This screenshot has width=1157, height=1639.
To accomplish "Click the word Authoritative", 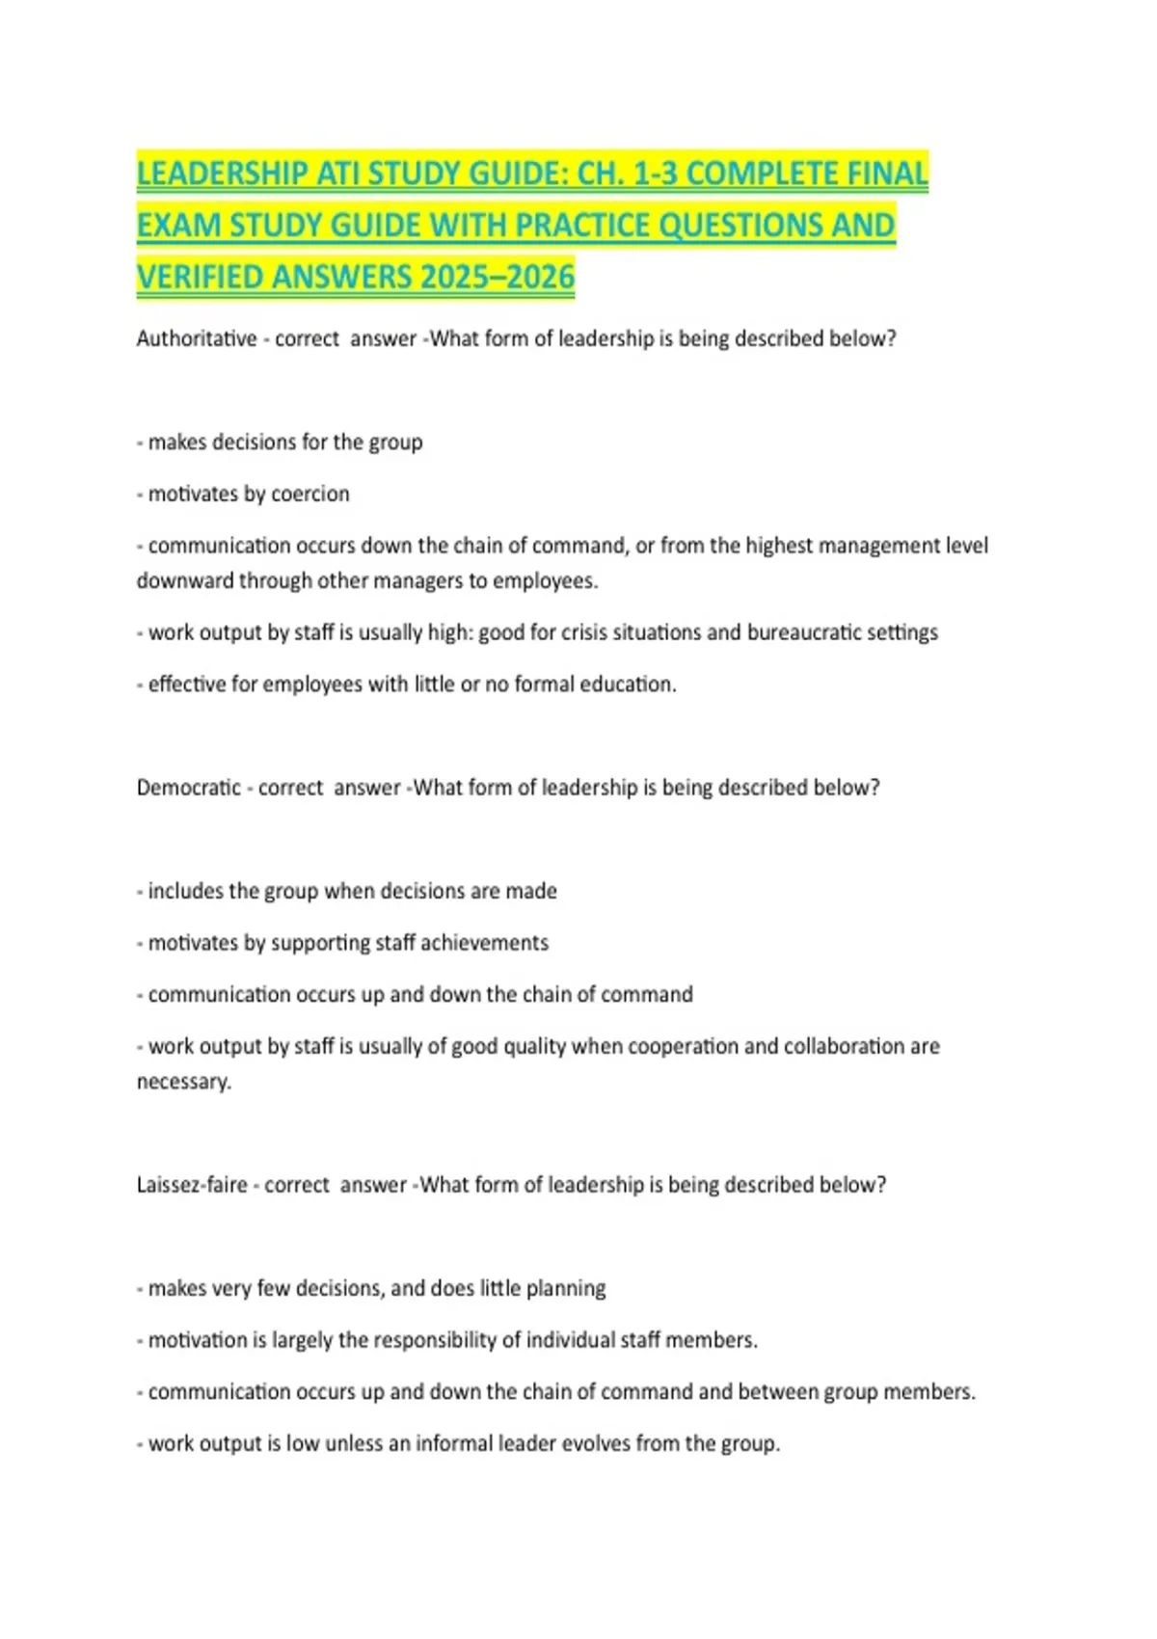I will [197, 338].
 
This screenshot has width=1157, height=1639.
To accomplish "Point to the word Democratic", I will [189, 788].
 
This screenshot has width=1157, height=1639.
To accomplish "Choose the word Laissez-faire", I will [192, 1185].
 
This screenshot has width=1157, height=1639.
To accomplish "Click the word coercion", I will [310, 494].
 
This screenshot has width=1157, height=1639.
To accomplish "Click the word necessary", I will [183, 1082].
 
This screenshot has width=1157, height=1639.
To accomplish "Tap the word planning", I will [566, 1289].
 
